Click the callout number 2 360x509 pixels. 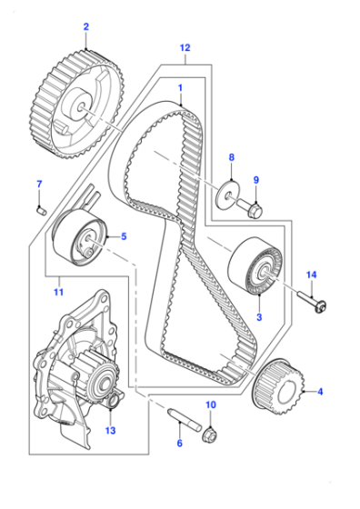86,26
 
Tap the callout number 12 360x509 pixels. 185,47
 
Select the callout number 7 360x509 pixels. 39,185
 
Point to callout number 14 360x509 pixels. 311,274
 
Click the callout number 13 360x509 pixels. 110,431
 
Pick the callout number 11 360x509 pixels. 58,292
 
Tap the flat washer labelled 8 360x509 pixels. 228,195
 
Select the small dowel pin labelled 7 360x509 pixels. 41,211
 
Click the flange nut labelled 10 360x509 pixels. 209,434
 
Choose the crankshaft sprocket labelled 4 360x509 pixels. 279,386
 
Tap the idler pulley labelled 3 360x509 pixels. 255,266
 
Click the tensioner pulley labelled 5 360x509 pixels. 80,237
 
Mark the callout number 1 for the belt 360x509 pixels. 180,88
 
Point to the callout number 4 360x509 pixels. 320,392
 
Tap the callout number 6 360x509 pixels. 179,443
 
